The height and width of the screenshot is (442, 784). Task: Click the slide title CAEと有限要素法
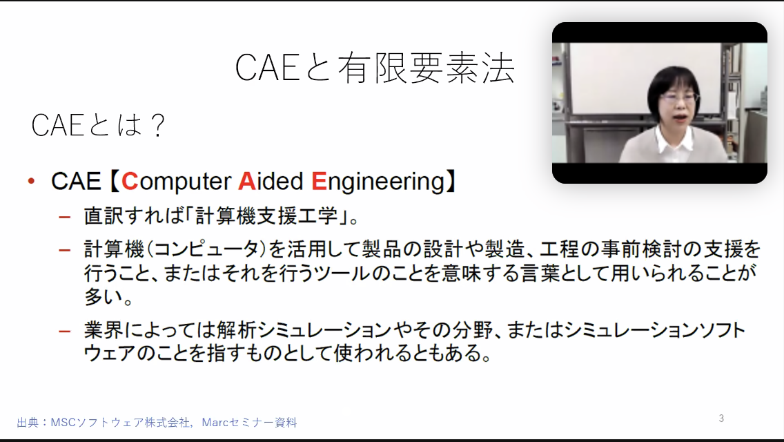[375, 68]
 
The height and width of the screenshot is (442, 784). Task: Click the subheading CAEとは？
[98, 125]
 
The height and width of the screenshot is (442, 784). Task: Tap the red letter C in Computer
[130, 181]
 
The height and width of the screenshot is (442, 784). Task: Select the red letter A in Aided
[246, 181]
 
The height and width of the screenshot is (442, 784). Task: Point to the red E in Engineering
[319, 181]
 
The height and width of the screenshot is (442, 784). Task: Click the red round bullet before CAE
[32, 181]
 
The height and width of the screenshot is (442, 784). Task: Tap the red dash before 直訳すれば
[64, 218]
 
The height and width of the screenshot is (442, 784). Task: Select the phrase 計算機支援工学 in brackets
[266, 215]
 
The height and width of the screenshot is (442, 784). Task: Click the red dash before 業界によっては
[64, 331]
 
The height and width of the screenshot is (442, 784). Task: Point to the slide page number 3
[721, 419]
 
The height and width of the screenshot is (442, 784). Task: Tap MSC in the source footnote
[63, 423]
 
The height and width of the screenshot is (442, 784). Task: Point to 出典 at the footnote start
[28, 423]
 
